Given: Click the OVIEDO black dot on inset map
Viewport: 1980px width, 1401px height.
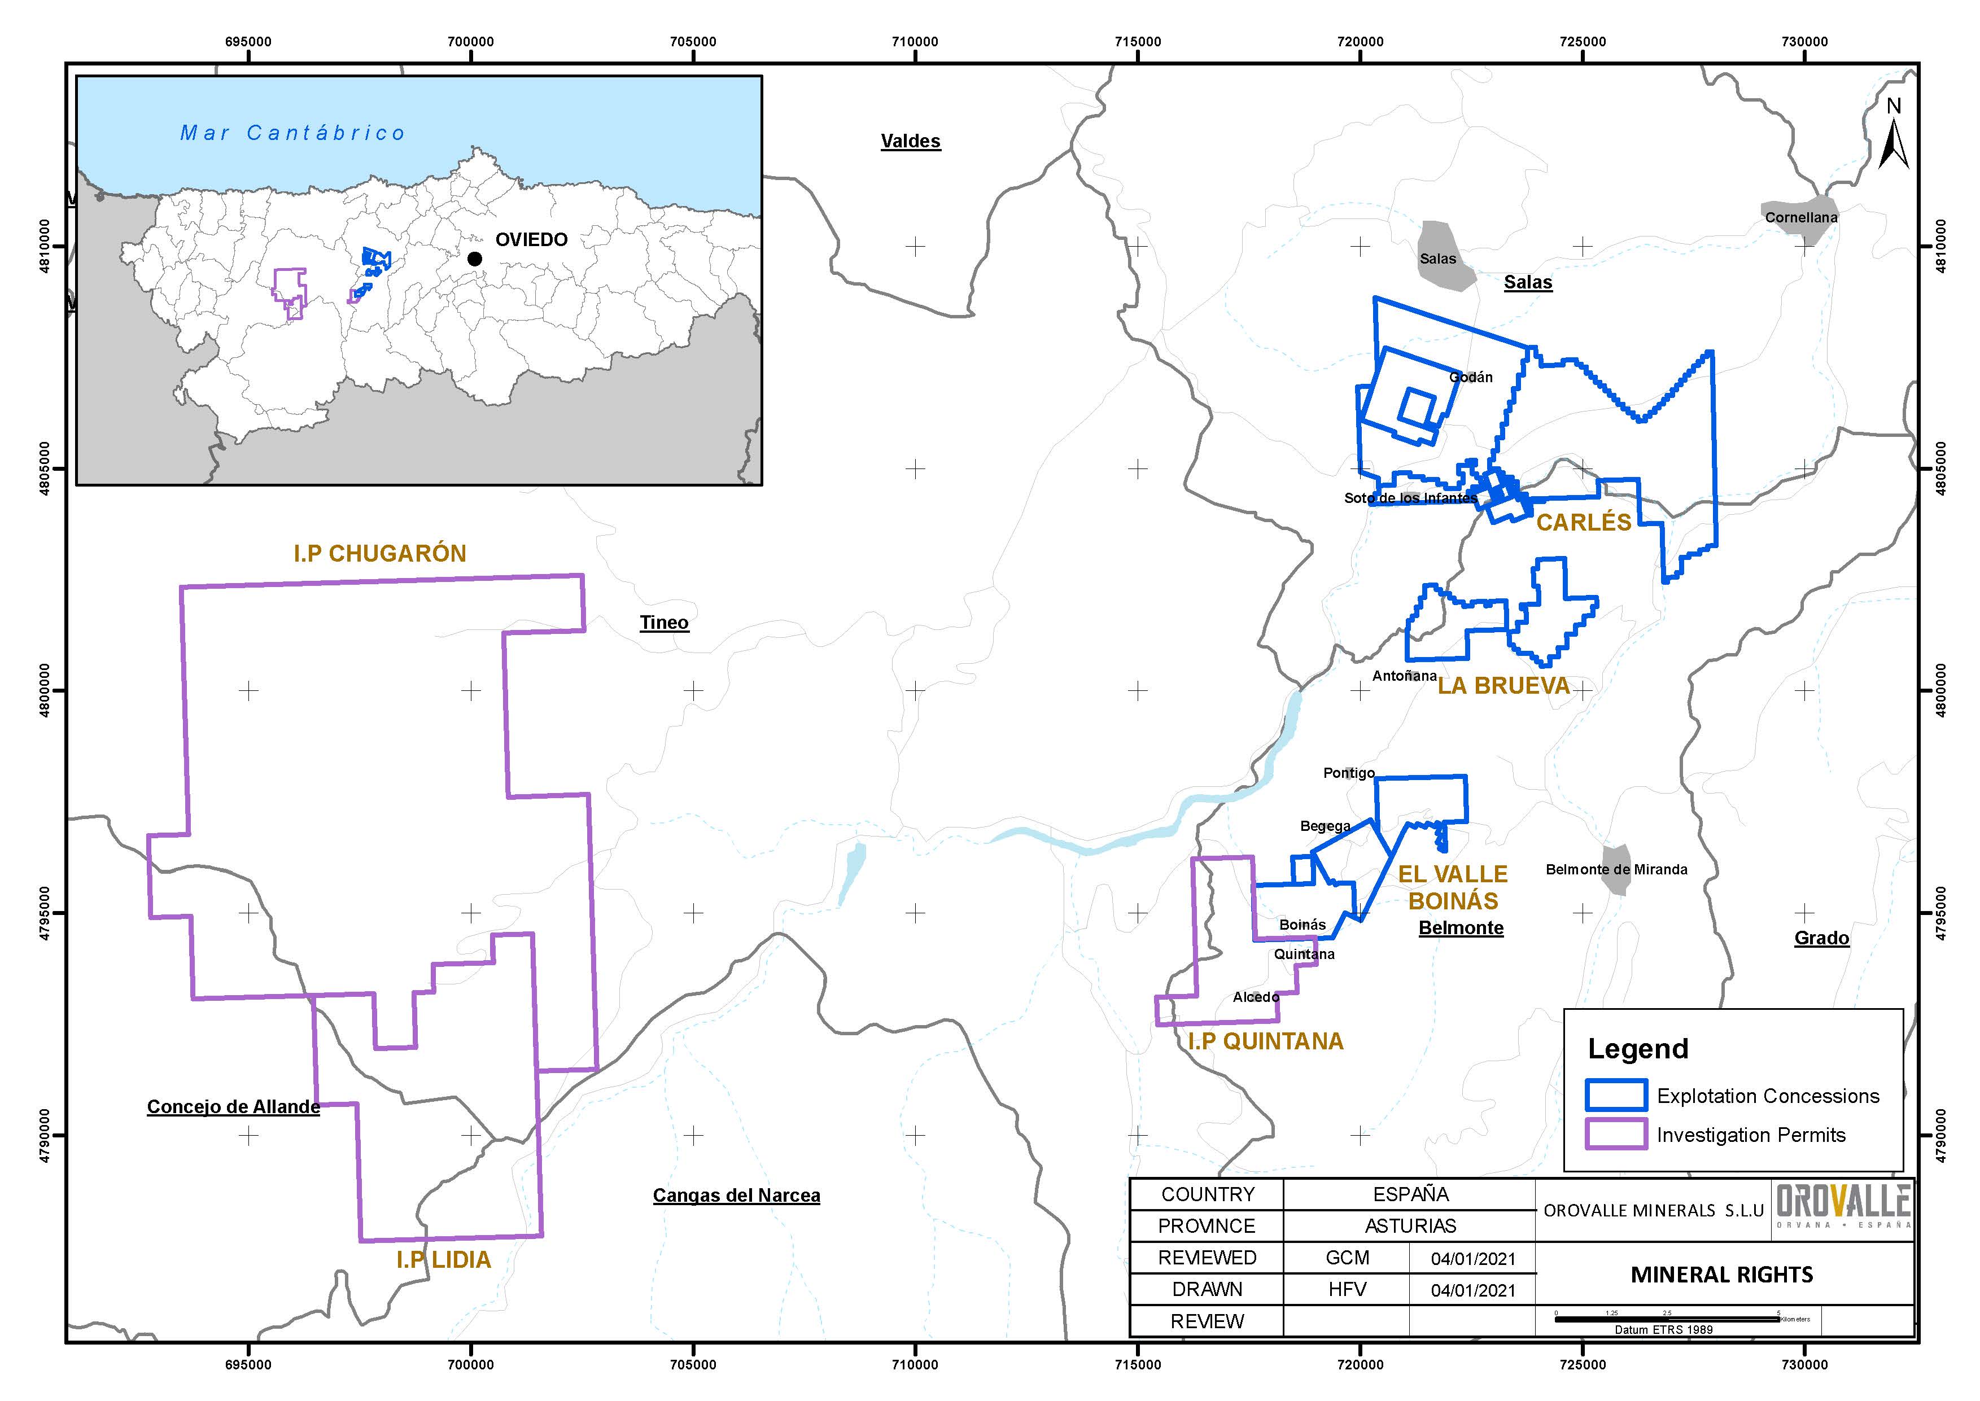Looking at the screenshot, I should pyautogui.click(x=474, y=259).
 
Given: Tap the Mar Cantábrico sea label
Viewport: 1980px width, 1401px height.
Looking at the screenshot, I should pyautogui.click(x=292, y=133).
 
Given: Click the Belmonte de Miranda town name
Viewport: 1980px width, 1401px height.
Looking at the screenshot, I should pyautogui.click(x=1616, y=870).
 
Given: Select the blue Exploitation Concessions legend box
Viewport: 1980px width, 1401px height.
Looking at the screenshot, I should pyautogui.click(x=1615, y=1096).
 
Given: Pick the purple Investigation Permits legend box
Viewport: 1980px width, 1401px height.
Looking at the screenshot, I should pyautogui.click(x=1615, y=1135).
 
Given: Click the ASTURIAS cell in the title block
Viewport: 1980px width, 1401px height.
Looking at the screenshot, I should pyautogui.click(x=1410, y=1226).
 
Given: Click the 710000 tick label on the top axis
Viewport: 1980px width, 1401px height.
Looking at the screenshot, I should pyautogui.click(x=915, y=41).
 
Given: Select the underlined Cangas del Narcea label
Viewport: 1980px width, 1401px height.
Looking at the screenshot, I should pyautogui.click(x=736, y=1196).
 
